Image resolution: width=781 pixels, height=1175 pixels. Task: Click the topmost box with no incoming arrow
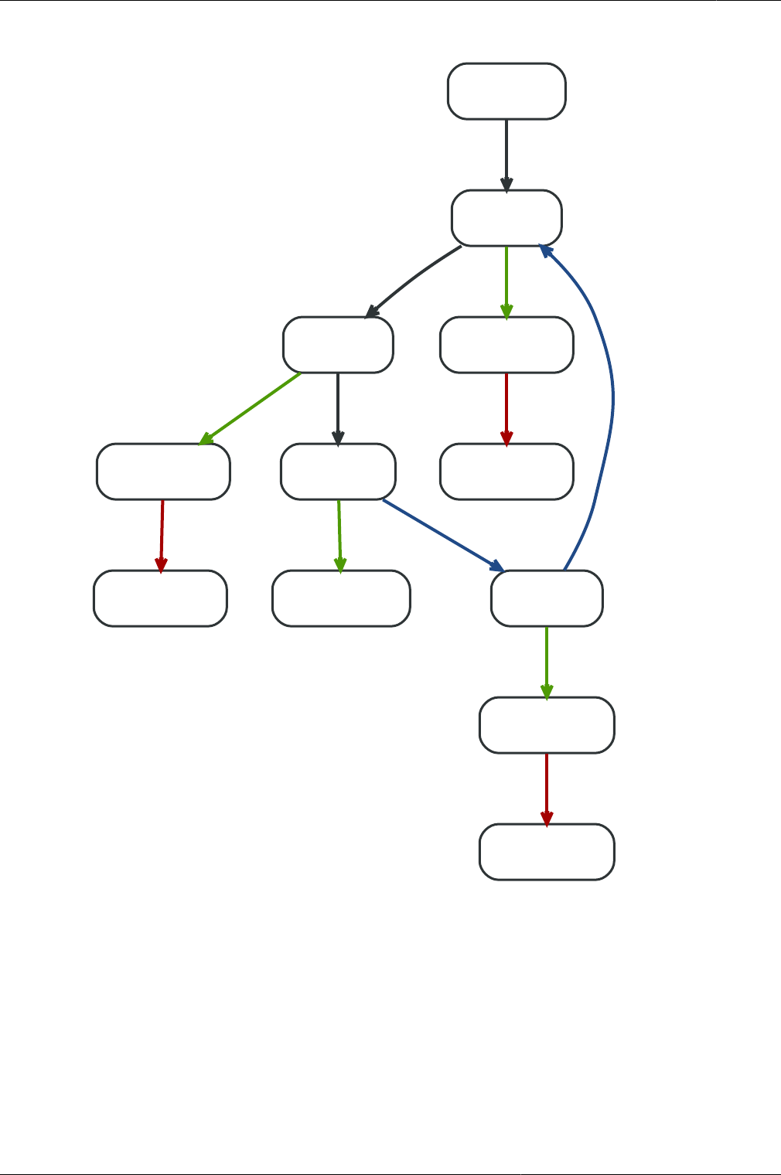(506, 91)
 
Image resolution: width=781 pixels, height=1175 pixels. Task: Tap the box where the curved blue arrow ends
(506, 218)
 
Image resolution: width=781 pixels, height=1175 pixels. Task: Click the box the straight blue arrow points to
(547, 598)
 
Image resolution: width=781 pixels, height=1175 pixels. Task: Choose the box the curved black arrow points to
(338, 345)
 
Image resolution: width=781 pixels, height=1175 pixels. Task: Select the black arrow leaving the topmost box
(506, 155)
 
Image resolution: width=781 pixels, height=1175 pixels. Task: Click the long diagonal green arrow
(250, 408)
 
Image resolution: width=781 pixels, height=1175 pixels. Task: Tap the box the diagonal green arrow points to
(163, 472)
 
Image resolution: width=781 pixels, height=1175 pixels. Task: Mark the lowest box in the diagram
(547, 852)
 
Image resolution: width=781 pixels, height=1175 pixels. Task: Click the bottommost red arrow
(547, 788)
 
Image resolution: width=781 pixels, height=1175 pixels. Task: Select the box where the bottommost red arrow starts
(547, 725)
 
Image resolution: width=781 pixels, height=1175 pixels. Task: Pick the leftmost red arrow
(162, 535)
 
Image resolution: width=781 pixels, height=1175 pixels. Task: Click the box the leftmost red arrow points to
(160, 598)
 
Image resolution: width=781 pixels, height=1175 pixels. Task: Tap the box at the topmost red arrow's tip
(506, 472)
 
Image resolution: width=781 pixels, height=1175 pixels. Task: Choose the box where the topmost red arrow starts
(506, 345)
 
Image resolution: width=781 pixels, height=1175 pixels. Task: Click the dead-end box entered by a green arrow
(341, 598)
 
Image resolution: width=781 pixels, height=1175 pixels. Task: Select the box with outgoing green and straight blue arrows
(338, 472)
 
